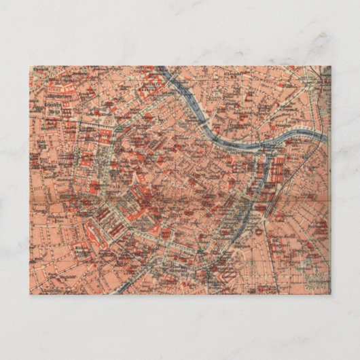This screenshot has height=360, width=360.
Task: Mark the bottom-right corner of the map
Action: click(x=330, y=293)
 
